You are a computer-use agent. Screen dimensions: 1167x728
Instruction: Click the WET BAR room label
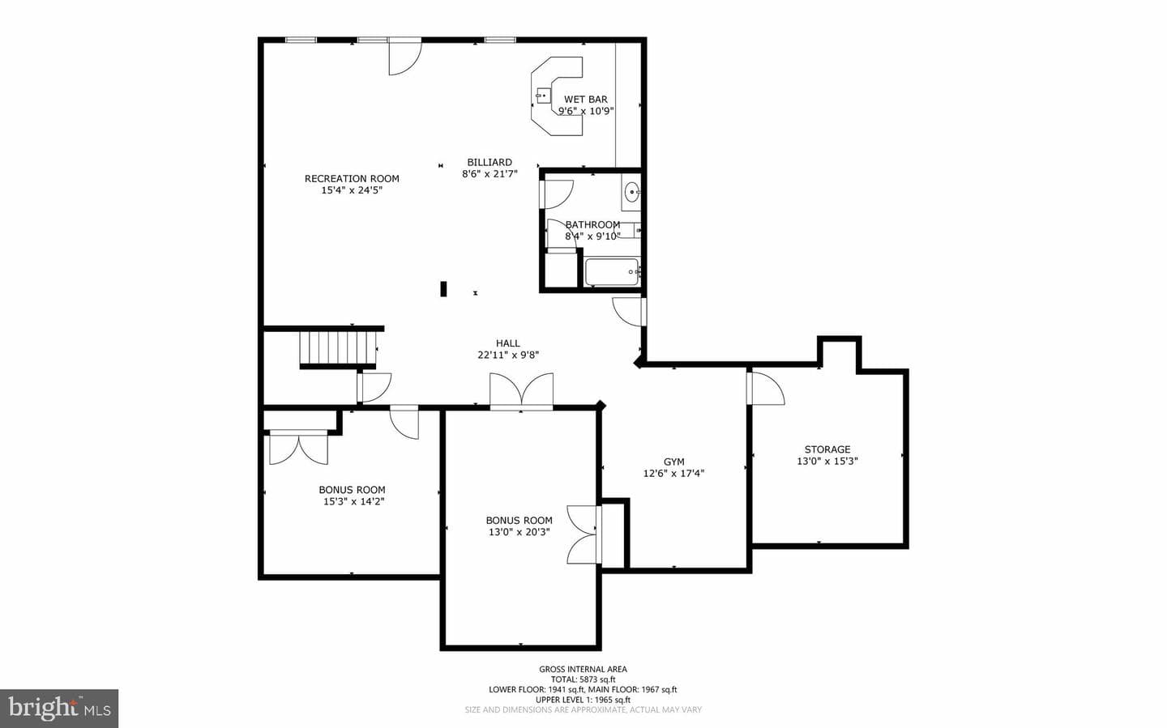(586, 99)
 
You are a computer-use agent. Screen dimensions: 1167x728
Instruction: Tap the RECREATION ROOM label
(352, 179)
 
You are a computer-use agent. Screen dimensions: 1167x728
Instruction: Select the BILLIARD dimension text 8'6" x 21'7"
(489, 174)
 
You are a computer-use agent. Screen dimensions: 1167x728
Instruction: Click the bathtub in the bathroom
(612, 272)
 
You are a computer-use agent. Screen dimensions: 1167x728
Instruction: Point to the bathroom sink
(631, 192)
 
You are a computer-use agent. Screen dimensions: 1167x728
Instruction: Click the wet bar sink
(543, 96)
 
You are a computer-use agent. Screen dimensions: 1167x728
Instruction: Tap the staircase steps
(338, 348)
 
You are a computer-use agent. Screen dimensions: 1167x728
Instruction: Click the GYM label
(673, 462)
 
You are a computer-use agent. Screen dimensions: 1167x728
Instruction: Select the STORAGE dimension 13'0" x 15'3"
(827, 461)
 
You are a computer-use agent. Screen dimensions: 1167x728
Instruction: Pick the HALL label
(507, 343)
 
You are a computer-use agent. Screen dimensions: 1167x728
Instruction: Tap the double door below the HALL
(521, 391)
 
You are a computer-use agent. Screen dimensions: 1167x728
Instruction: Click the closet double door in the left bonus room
(298, 448)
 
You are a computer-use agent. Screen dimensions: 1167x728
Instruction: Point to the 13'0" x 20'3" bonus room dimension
(519, 532)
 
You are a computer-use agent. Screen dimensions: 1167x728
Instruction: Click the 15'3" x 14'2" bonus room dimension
(353, 501)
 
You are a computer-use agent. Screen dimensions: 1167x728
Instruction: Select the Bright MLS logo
(59, 709)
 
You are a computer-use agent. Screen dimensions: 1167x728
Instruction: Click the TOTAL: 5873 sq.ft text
(583, 679)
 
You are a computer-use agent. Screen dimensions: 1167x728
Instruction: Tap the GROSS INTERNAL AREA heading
(583, 669)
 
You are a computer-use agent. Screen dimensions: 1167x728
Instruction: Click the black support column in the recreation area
(443, 288)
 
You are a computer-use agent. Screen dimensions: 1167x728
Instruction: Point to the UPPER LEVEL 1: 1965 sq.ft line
(583, 700)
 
